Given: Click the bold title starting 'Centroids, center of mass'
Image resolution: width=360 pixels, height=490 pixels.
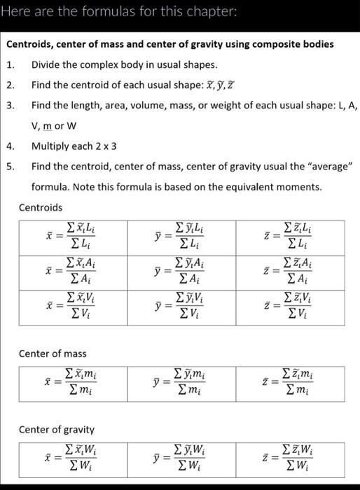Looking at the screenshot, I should [169, 44].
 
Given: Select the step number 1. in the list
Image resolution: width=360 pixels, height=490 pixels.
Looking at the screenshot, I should [11, 65].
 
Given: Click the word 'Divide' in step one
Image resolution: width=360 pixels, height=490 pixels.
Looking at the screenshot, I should [46, 65].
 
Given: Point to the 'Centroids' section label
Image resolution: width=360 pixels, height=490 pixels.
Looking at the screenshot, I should [40, 207].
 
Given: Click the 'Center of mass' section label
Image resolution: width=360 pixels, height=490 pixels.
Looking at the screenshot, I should [52, 353].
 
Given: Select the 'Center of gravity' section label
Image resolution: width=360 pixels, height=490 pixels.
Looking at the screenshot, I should [56, 429].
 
